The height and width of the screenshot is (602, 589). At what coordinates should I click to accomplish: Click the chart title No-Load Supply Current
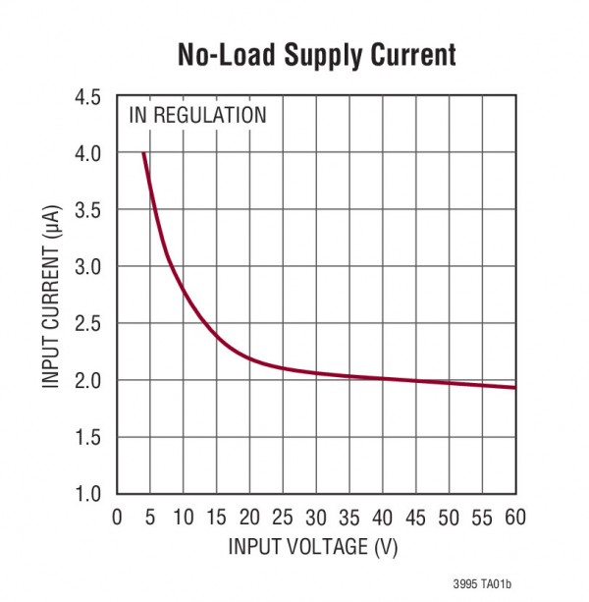[316, 55]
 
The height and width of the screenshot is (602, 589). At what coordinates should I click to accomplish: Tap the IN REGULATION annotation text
[197, 115]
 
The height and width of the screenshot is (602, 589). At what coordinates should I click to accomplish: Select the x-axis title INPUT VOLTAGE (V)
[314, 546]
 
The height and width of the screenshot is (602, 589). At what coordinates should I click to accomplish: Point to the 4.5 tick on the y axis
[88, 97]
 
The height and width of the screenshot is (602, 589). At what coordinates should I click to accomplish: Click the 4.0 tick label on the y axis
[88, 154]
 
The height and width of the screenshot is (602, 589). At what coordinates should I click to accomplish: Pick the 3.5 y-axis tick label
[88, 210]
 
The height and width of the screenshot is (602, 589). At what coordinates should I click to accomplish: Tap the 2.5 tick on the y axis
[88, 323]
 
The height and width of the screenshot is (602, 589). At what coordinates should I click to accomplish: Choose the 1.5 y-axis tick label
[88, 436]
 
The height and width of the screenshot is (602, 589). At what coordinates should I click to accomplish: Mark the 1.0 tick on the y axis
[88, 493]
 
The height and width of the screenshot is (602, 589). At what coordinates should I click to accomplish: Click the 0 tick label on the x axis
[117, 517]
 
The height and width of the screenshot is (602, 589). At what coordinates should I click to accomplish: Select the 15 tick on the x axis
[216, 517]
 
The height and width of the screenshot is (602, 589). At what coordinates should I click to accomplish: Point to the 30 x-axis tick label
[316, 517]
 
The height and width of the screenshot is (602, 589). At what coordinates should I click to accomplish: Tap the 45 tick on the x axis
[415, 517]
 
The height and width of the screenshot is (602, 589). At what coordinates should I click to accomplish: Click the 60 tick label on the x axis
[514, 517]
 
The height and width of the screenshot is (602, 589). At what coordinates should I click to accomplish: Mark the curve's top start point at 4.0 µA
[144, 153]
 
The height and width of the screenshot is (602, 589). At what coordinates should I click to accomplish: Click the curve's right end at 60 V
[514, 387]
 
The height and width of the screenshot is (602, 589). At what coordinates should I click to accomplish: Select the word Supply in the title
[316, 56]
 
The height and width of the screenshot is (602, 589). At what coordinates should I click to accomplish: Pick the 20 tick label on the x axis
[249, 517]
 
